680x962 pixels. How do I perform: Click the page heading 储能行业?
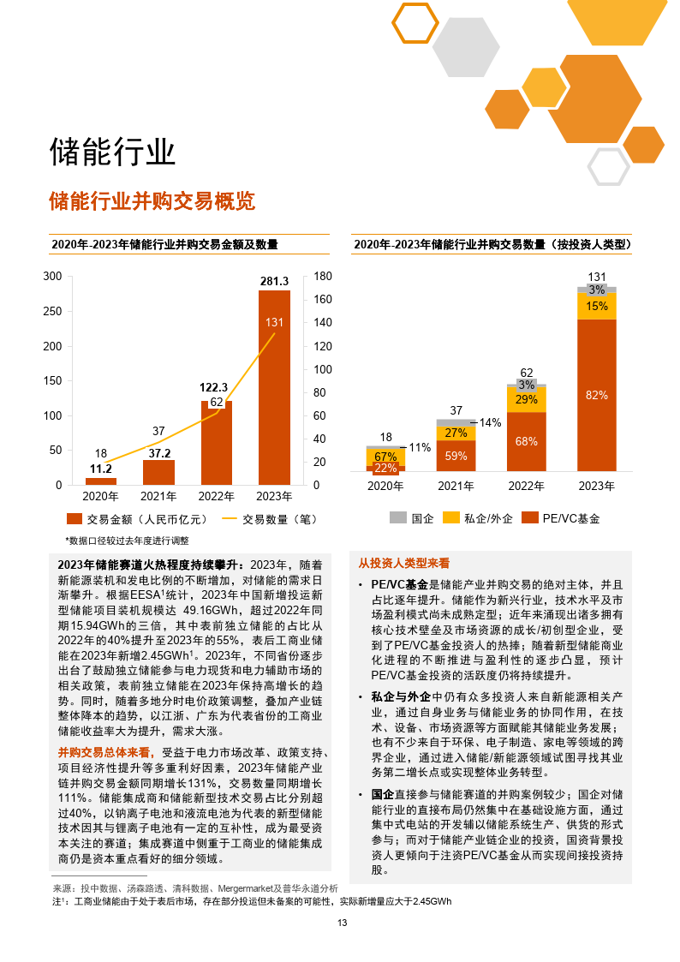click(x=112, y=152)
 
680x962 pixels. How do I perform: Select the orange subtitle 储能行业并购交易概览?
click(x=152, y=202)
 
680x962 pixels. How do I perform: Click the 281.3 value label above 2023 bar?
click(x=274, y=281)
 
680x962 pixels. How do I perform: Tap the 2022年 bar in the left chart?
click(x=217, y=441)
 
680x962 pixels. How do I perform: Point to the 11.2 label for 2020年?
click(x=101, y=469)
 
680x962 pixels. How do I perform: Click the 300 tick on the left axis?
click(x=52, y=276)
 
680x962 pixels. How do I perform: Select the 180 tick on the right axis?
click(x=323, y=276)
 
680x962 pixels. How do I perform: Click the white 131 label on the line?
click(x=274, y=323)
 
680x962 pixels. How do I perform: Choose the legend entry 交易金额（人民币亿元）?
click(x=136, y=518)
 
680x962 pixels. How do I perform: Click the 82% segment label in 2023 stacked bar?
click(x=596, y=395)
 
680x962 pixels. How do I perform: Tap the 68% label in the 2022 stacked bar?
click(x=527, y=441)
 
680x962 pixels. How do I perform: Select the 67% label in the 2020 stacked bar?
click(x=385, y=457)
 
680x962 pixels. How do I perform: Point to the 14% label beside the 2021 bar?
click(x=490, y=422)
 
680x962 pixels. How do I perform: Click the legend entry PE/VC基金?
click(x=561, y=518)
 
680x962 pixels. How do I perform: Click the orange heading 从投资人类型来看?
click(x=403, y=563)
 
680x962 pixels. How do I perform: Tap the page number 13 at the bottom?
click(x=341, y=923)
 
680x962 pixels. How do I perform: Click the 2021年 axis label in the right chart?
click(x=456, y=486)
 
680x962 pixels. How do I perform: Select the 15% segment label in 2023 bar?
click(x=597, y=306)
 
